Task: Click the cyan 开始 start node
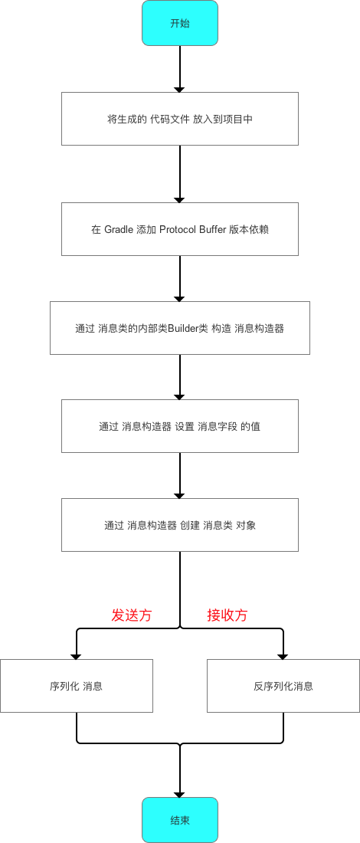(x=180, y=22)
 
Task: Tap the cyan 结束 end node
(x=180, y=819)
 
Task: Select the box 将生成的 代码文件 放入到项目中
(x=180, y=119)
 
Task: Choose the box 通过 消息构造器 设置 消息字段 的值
(x=180, y=426)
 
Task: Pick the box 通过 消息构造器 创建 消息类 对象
(x=180, y=525)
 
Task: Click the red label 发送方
(x=132, y=615)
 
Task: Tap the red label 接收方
(x=227, y=615)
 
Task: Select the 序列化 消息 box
(x=77, y=686)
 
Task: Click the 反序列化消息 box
(x=283, y=686)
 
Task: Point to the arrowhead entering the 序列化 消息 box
(x=77, y=654)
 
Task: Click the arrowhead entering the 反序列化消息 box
(x=283, y=654)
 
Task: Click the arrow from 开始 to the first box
(x=180, y=69)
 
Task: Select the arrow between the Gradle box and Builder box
(x=180, y=277)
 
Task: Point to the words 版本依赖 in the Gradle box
(x=249, y=229)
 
